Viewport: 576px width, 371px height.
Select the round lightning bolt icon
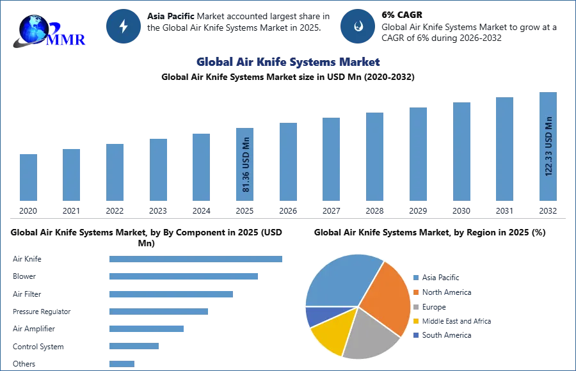coord(124,26)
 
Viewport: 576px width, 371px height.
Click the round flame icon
coord(358,26)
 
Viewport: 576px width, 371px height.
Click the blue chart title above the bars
coord(288,62)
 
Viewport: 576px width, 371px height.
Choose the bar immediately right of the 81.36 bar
coord(287,164)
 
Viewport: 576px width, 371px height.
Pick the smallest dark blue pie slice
coord(315,315)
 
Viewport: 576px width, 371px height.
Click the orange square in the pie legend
coord(415,292)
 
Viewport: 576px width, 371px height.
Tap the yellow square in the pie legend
coord(415,322)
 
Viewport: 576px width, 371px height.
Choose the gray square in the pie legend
coord(415,307)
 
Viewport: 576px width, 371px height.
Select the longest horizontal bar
coord(196,260)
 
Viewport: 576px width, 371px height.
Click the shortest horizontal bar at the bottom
coord(122,363)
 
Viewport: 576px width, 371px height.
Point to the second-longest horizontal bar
coord(184,276)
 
